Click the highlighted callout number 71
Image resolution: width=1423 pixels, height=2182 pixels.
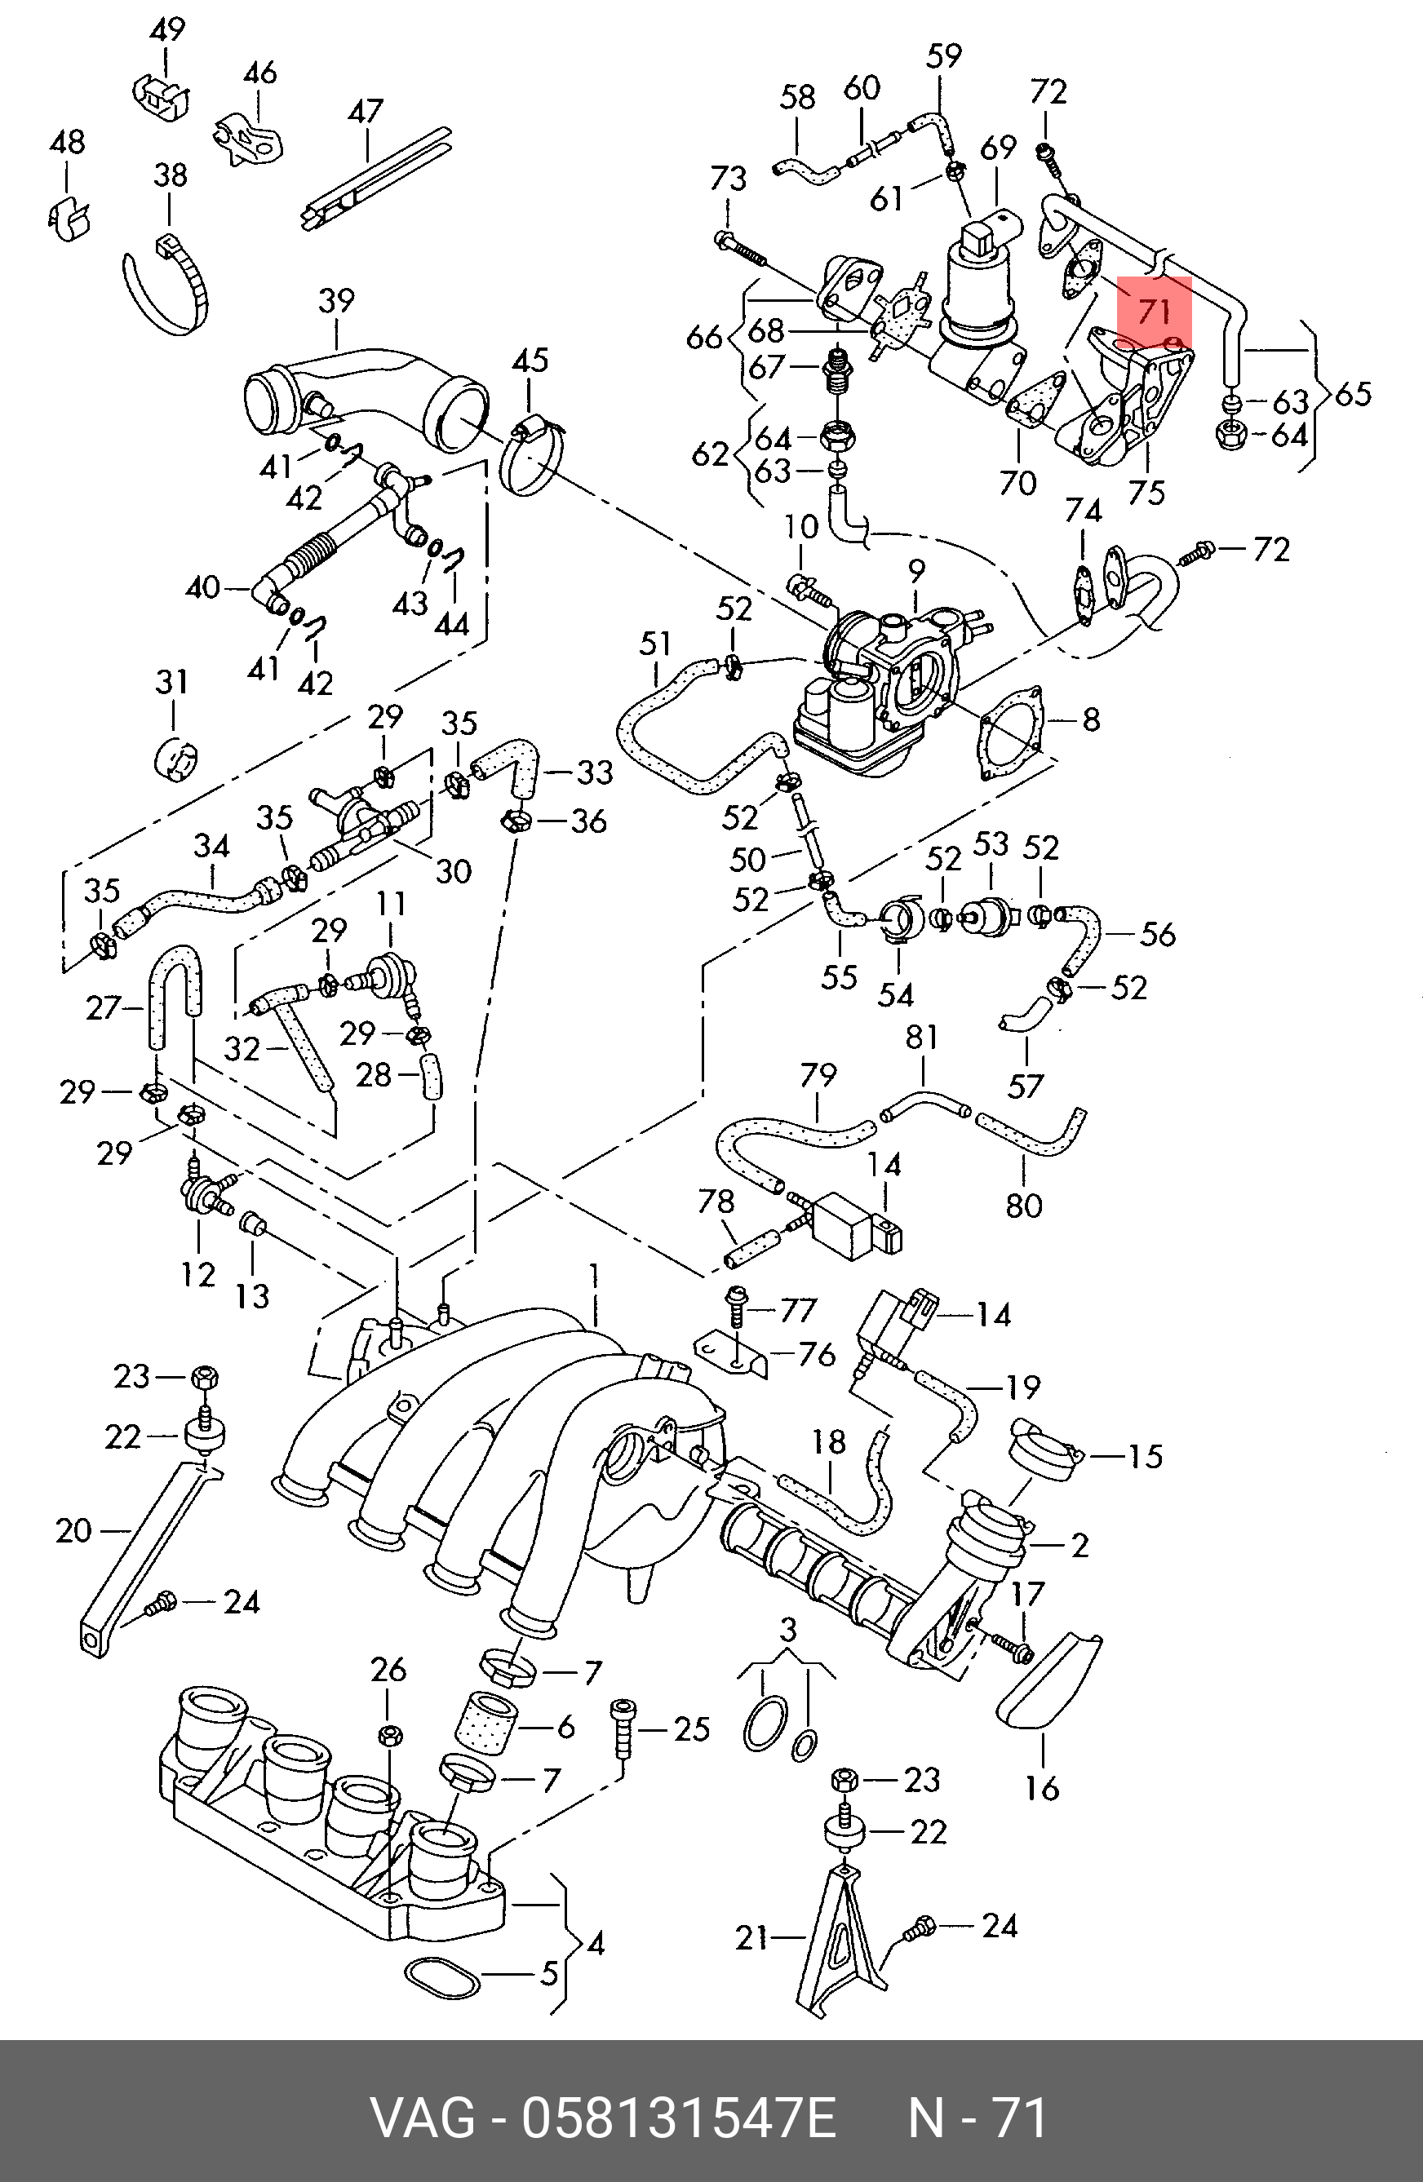pos(1154,310)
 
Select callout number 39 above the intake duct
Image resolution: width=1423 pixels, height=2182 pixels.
pos(336,300)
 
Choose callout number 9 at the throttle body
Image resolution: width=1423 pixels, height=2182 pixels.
pos(916,570)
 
